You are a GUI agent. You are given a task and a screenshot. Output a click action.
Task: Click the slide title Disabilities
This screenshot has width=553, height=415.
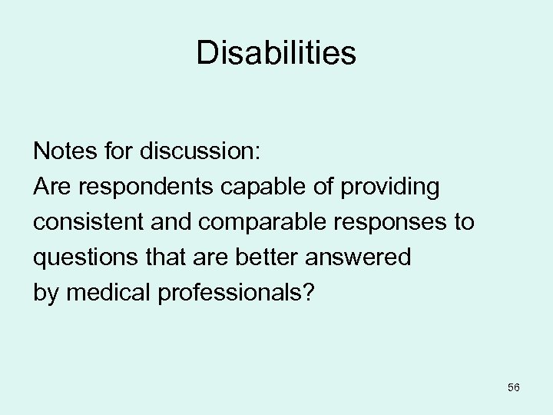tap(276, 53)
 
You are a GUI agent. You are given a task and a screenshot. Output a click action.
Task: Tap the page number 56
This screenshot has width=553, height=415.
tap(514, 387)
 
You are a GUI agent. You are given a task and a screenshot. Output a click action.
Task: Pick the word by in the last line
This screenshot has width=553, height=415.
tap(45, 294)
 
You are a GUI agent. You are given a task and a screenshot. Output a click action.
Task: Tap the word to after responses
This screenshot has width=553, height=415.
tap(465, 222)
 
